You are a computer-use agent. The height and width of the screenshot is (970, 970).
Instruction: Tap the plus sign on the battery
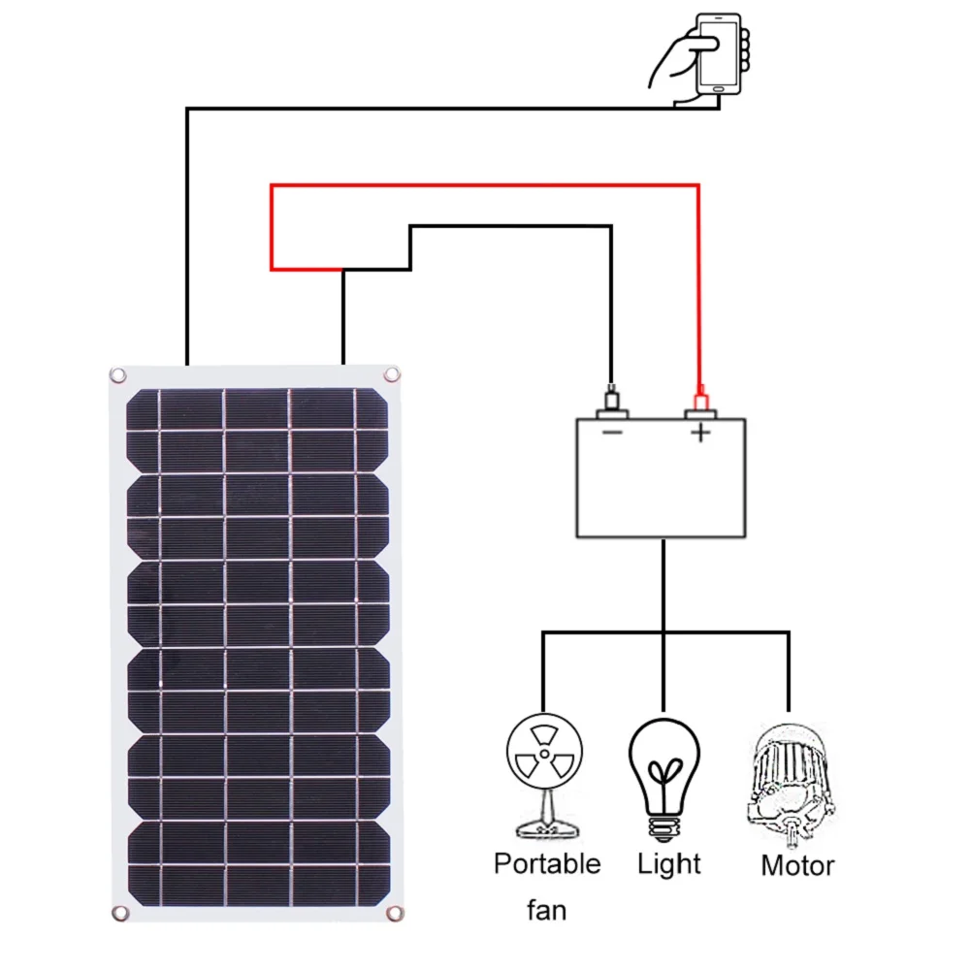700,434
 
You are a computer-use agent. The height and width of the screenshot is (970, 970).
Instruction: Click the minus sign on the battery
612,433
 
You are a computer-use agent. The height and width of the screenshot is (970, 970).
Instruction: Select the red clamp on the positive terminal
698,398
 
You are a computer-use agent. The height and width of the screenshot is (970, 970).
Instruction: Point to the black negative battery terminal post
611,400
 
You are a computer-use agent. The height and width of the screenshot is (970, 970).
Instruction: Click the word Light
669,863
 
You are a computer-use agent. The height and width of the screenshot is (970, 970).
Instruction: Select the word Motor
797,865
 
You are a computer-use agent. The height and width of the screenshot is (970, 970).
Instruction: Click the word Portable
547,863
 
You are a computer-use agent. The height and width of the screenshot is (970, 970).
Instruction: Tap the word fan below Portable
546,911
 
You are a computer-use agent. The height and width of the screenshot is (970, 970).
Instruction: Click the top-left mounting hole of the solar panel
117,374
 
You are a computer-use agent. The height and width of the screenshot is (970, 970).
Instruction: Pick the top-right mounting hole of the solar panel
392,373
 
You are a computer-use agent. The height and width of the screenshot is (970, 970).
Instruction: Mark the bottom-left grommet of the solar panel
119,913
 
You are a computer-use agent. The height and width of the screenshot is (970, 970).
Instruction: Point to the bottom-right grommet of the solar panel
395,913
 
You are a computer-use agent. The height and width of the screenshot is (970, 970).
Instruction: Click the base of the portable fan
545,829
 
